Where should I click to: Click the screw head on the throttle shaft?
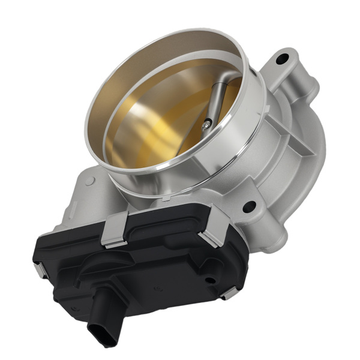[207, 124]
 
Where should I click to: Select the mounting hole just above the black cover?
[248, 207]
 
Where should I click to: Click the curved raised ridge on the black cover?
[126, 264]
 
